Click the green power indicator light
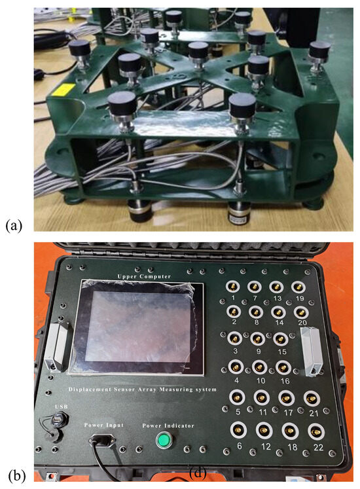pyautogui.click(x=162, y=441)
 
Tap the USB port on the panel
pyautogui.click(x=60, y=418)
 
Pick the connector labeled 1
pyautogui.click(x=234, y=286)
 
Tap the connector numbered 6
pyautogui.click(x=236, y=431)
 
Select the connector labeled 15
pyautogui.click(x=279, y=338)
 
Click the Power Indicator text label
pyautogui.click(x=168, y=426)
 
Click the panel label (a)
pyautogui.click(x=14, y=226)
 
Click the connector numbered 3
pyautogui.click(x=234, y=338)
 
